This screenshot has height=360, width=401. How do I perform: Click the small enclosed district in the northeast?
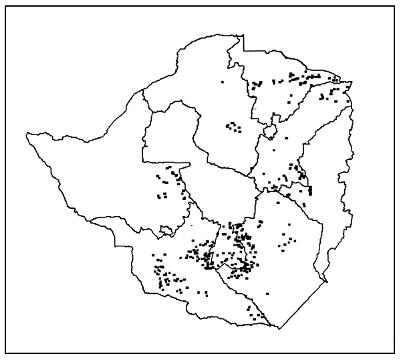(x=271, y=127)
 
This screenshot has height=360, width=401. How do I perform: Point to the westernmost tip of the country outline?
(x=27, y=136)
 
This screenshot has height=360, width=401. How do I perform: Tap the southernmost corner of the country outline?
(x=281, y=329)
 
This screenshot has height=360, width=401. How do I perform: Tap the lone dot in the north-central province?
(x=223, y=82)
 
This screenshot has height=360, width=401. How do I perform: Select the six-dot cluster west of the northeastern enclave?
(x=233, y=126)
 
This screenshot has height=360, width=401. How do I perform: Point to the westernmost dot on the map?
(x=154, y=255)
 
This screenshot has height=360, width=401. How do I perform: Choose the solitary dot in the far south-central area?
(x=267, y=292)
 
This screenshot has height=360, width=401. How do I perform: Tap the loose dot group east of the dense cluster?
(x=286, y=240)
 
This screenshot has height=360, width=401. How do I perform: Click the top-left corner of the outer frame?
(x=6, y=6)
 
